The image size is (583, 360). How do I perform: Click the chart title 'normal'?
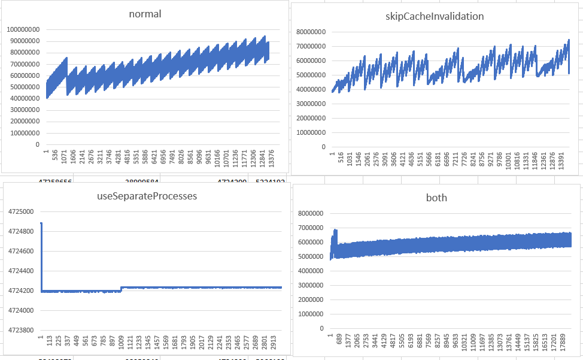click(x=145, y=14)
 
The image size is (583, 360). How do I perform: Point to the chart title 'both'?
click(x=438, y=198)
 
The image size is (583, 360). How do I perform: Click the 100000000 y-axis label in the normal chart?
click(x=23, y=29)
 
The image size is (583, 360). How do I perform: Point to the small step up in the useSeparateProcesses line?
click(x=122, y=289)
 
